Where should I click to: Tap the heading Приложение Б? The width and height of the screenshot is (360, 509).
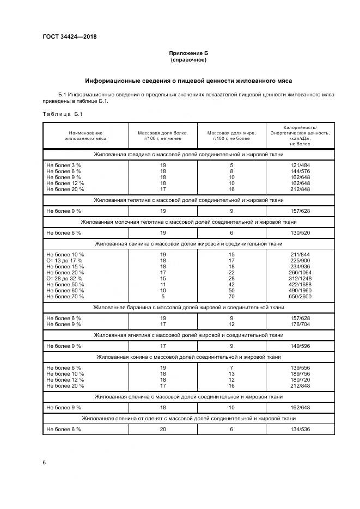tap(188, 53)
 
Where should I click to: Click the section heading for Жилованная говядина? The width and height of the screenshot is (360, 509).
tap(188, 155)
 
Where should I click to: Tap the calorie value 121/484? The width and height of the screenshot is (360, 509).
tap(300, 164)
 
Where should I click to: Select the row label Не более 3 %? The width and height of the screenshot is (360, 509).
tap(64, 164)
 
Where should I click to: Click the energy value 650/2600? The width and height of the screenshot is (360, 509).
tap(300, 297)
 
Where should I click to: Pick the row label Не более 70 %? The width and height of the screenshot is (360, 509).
tap(65, 297)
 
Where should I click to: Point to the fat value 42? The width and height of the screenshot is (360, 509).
tap(231, 285)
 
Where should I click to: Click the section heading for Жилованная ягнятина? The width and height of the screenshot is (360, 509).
tap(188, 335)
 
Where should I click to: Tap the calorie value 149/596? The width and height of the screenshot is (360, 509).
tap(300, 346)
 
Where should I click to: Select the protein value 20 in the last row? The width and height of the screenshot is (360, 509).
tap(162, 430)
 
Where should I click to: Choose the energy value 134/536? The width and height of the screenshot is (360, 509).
tap(300, 430)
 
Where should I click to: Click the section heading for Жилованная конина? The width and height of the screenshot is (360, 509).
tap(188, 357)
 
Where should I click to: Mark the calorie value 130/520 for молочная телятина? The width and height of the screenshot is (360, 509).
tap(300, 232)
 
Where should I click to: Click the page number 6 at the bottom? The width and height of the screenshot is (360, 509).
tap(44, 462)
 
